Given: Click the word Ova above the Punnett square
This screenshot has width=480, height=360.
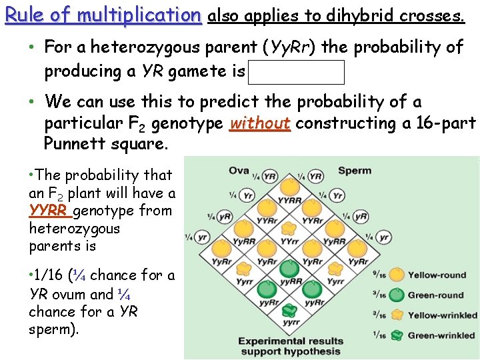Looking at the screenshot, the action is pyautogui.click(x=239, y=170).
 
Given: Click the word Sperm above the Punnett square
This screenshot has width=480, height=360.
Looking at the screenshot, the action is pyautogui.click(x=354, y=170).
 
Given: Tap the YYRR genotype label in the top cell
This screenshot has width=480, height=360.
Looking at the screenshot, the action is pyautogui.click(x=289, y=200).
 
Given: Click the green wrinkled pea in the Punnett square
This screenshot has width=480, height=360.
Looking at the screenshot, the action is pyautogui.click(x=290, y=311).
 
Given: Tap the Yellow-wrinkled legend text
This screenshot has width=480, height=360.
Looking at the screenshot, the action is pyautogui.click(x=443, y=315).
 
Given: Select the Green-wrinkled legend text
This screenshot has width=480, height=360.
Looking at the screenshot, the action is pyautogui.click(x=441, y=335).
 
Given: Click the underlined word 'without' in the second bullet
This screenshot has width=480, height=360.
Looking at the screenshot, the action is pyautogui.click(x=259, y=123).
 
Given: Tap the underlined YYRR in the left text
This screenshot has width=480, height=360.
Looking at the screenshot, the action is pyautogui.click(x=49, y=211).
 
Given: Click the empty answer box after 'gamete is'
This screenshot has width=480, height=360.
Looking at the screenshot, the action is pyautogui.click(x=296, y=72).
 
